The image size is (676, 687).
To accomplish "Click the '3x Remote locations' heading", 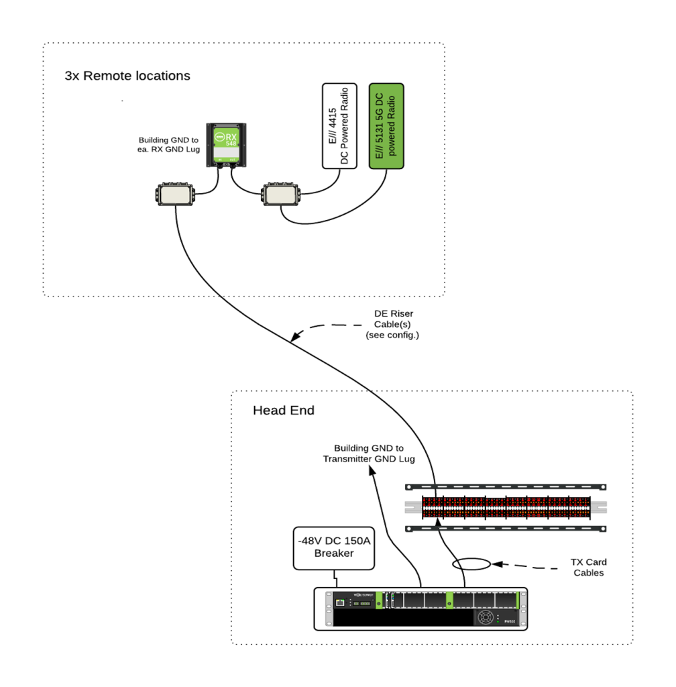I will click(x=127, y=75).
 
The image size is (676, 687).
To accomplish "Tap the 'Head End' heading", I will click(x=283, y=410).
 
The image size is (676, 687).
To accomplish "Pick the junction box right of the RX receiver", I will click(x=280, y=195).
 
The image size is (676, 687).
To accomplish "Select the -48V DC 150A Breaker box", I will click(x=333, y=547).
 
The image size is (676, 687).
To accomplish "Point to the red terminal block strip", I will click(x=506, y=507).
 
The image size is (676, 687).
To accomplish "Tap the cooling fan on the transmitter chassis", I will click(x=487, y=617).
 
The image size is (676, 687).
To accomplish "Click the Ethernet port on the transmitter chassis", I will click(x=340, y=602).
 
